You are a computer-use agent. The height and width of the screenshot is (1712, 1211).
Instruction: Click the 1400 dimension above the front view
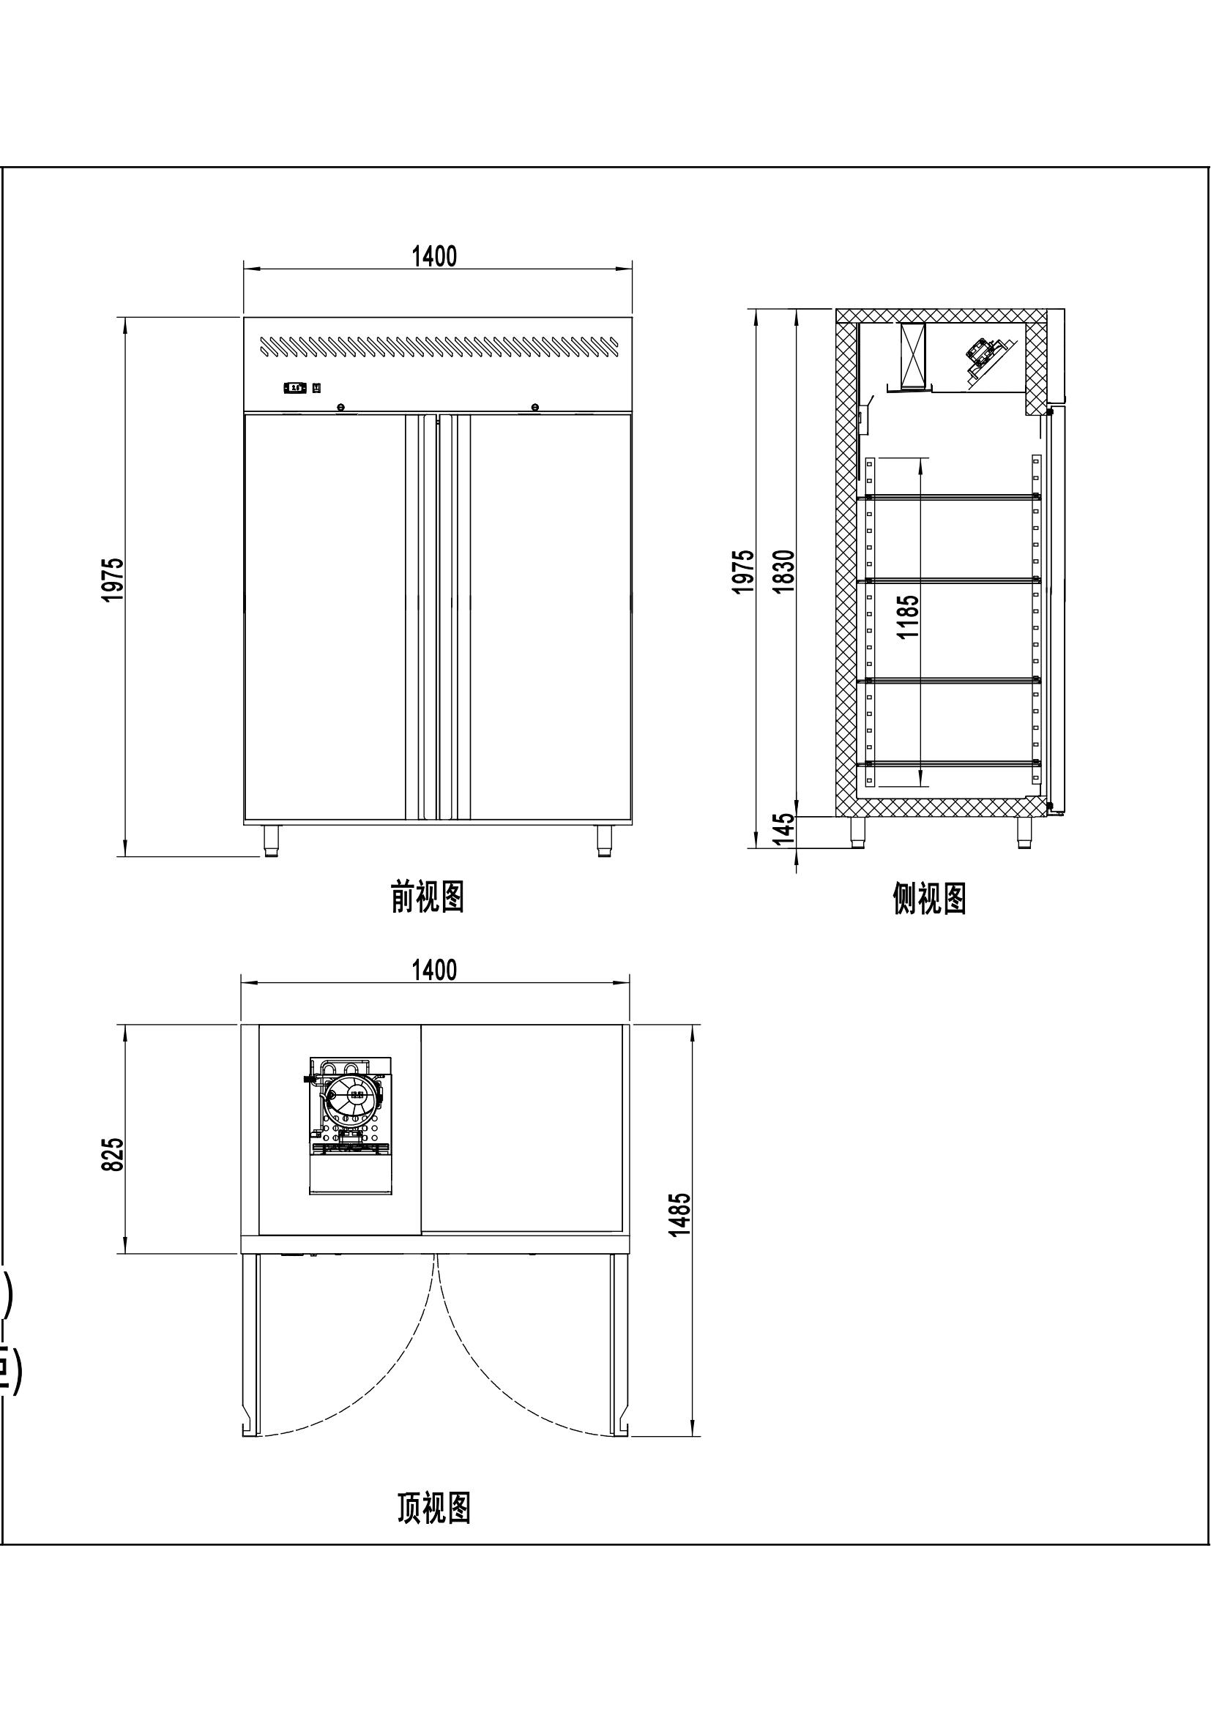tap(435, 256)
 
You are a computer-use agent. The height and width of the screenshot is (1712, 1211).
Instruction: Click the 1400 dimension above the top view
tap(435, 970)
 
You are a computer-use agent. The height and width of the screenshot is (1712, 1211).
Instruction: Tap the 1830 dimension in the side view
tap(783, 571)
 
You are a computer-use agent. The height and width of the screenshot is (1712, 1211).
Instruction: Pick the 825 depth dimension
tap(113, 1154)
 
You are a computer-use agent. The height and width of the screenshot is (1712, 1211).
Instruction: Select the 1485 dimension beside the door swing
tap(679, 1215)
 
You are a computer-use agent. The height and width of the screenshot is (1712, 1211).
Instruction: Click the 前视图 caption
tap(428, 897)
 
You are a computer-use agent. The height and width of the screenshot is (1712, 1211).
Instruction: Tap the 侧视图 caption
tap(929, 899)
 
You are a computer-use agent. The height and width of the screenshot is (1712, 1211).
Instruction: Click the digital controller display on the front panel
tap(295, 388)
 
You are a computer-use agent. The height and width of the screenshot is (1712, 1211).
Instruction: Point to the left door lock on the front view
tap(340, 406)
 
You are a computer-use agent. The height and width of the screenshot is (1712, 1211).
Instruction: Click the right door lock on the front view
tap(534, 406)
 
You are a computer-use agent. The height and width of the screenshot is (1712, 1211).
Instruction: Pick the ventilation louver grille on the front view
tap(439, 347)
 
